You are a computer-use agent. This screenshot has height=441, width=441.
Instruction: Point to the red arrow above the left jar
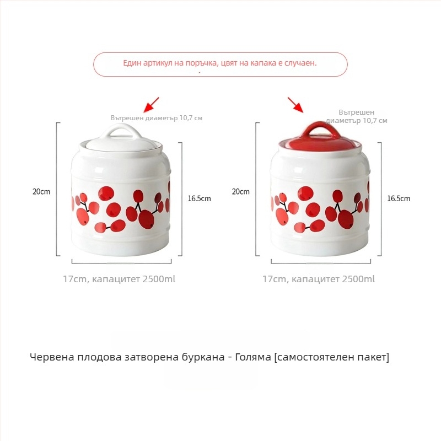[x=150, y=104]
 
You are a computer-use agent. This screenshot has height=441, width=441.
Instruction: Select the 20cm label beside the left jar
[x=41, y=192]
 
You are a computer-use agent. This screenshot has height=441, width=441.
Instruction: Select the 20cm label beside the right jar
[x=240, y=192]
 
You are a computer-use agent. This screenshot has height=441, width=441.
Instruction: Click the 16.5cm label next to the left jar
[x=199, y=198]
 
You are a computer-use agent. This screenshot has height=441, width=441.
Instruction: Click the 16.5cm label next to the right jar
[x=398, y=198]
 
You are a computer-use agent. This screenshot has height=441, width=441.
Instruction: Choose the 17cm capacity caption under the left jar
[x=119, y=279]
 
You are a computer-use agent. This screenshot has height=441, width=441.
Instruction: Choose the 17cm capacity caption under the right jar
[x=319, y=279]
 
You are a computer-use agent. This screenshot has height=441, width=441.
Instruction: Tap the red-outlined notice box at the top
[x=220, y=64]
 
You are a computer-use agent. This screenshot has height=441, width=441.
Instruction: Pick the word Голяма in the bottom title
[x=251, y=357]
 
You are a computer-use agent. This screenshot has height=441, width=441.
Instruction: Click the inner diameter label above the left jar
[x=157, y=118]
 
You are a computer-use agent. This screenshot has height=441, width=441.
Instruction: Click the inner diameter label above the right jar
[x=357, y=116]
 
